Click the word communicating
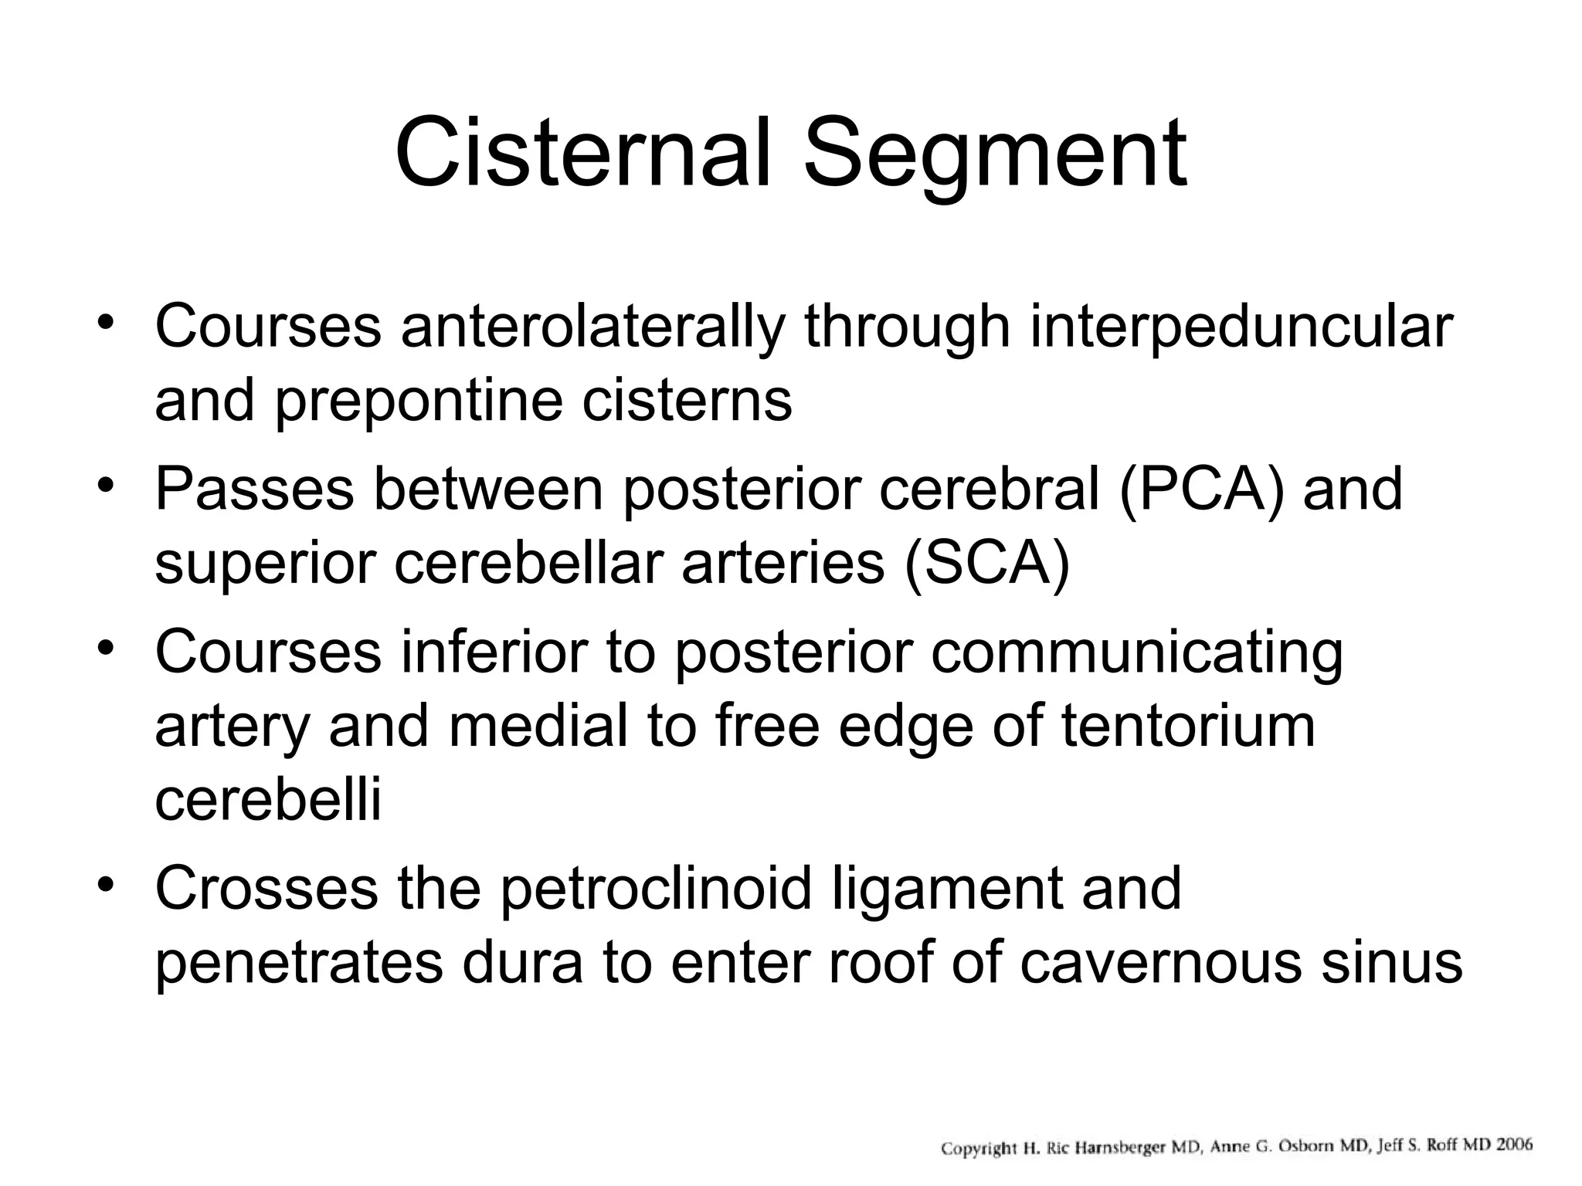coord(1136,653)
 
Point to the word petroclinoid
coord(656,889)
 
